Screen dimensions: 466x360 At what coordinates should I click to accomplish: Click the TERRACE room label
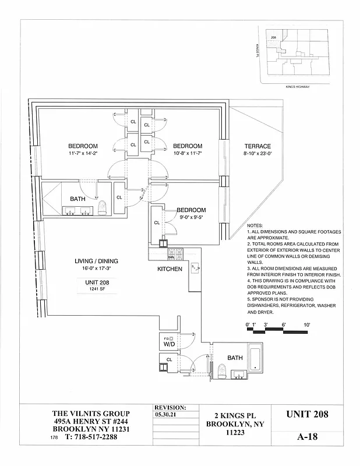click(257, 146)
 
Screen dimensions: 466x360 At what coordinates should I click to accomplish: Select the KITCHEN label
click(170, 269)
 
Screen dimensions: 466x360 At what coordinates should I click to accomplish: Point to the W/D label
click(169, 344)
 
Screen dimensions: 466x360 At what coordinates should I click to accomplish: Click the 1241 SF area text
click(97, 289)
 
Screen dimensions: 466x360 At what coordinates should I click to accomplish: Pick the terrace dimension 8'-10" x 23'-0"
click(257, 154)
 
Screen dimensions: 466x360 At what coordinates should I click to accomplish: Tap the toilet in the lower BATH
click(221, 370)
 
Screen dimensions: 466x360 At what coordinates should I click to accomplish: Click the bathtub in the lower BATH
click(255, 356)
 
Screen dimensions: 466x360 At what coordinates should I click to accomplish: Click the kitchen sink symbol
click(195, 267)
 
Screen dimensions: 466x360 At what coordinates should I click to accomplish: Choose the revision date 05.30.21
click(166, 415)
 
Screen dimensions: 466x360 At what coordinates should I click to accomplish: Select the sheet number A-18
click(308, 437)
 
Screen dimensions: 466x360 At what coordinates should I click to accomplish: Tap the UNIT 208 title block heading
click(308, 415)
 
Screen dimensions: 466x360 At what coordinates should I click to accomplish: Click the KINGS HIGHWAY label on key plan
click(297, 86)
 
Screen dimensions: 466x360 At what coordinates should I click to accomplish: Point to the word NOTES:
click(255, 225)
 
